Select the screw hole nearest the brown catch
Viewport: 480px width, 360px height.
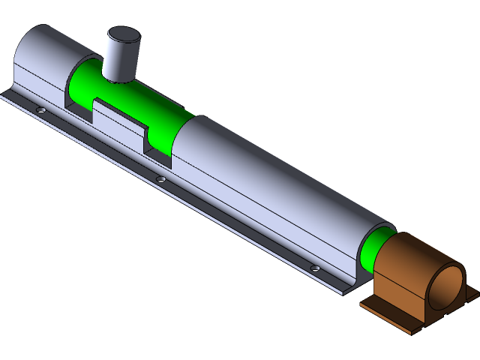(315, 268)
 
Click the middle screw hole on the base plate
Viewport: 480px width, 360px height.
(160, 179)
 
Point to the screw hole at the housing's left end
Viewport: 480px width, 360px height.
(41, 109)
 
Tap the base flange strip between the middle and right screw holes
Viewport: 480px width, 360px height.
(240, 225)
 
